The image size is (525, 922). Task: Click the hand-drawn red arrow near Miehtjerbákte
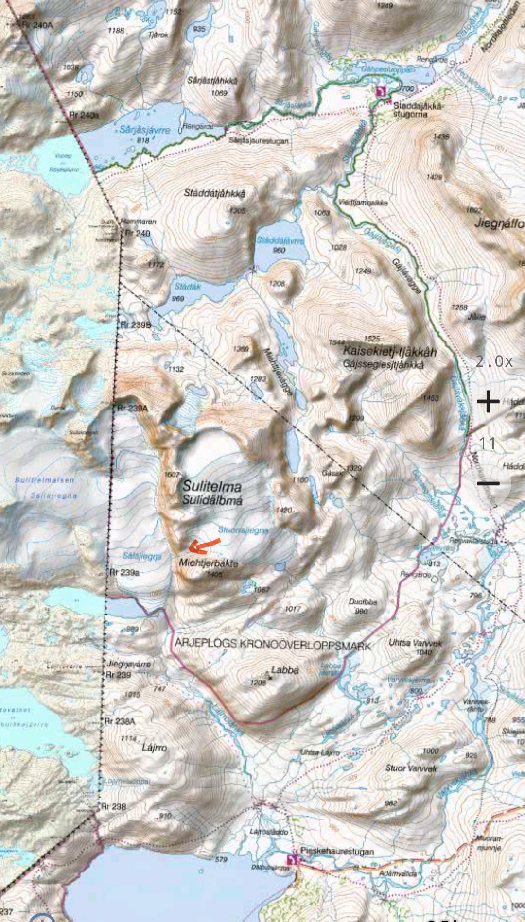[x=204, y=546]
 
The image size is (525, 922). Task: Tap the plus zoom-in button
[x=488, y=402]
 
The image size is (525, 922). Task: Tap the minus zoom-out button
[x=488, y=483]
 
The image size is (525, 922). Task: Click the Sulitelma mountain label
[x=212, y=486]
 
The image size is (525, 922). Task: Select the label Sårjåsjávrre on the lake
[x=145, y=130]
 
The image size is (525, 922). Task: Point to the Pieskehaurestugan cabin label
[x=337, y=851]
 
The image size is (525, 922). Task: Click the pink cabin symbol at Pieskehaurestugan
[x=292, y=860]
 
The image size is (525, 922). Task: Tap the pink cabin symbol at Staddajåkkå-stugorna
[x=381, y=91]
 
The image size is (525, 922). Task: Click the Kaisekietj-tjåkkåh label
[x=389, y=351]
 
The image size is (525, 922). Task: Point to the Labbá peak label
[x=284, y=670]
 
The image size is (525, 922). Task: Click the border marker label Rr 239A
[x=132, y=408]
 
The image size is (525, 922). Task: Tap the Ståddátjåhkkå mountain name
[x=214, y=193]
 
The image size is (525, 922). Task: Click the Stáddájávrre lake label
[x=280, y=240]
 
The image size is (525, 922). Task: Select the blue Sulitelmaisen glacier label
[x=45, y=480]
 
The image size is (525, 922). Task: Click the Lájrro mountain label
[x=154, y=748]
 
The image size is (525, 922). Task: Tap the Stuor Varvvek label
[x=411, y=768]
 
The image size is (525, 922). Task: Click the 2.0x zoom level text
[x=494, y=361]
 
